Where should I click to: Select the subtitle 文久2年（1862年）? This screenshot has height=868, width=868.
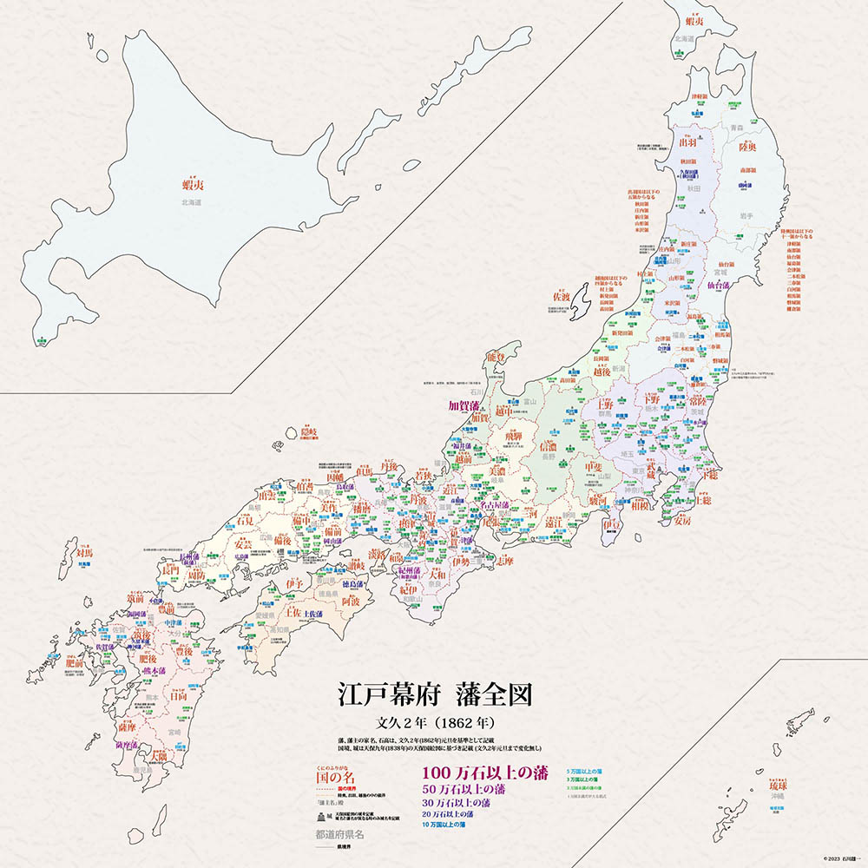(434, 721)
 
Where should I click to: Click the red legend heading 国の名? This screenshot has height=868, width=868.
(340, 777)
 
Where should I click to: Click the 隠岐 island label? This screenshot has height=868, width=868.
(310, 431)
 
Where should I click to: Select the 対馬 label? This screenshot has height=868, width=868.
(84, 551)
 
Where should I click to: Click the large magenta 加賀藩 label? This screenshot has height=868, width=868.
(467, 405)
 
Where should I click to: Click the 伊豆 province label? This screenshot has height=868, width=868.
(612, 524)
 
